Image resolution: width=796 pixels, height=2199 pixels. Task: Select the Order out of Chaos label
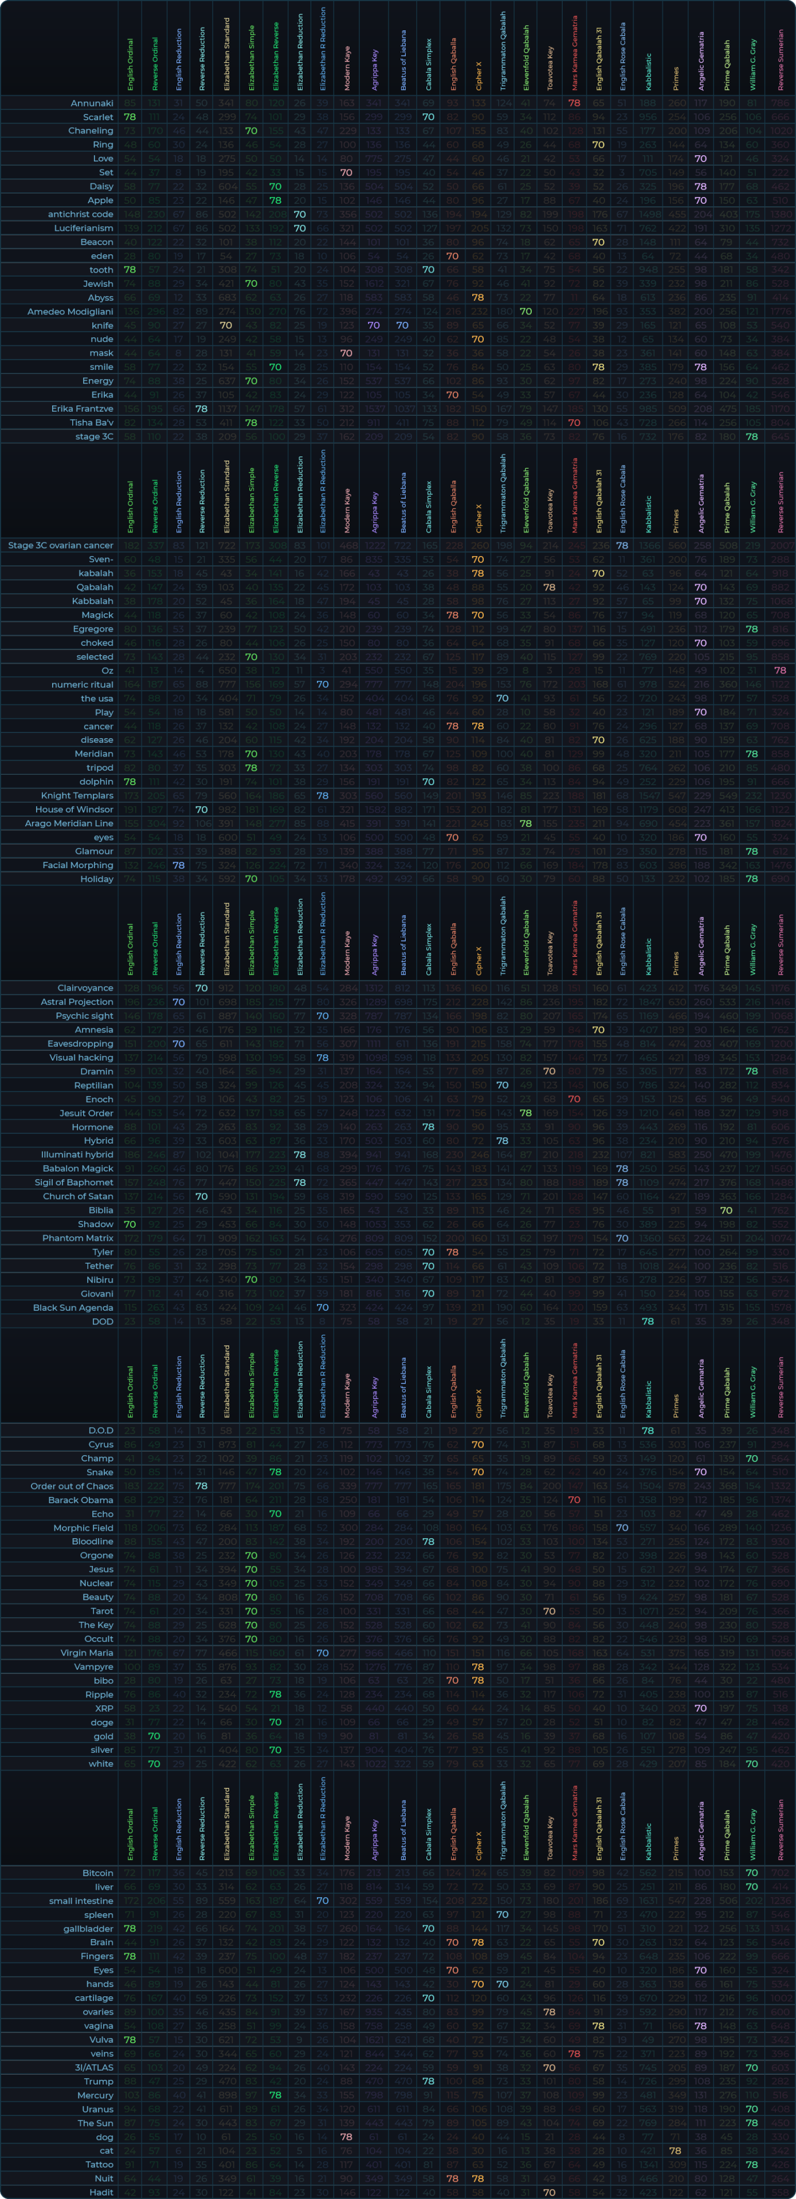(72, 1486)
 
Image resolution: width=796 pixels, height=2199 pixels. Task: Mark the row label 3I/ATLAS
(93, 2067)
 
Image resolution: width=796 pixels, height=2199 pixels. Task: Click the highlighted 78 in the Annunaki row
(574, 103)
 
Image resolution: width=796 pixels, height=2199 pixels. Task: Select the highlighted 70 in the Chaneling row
(251, 131)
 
